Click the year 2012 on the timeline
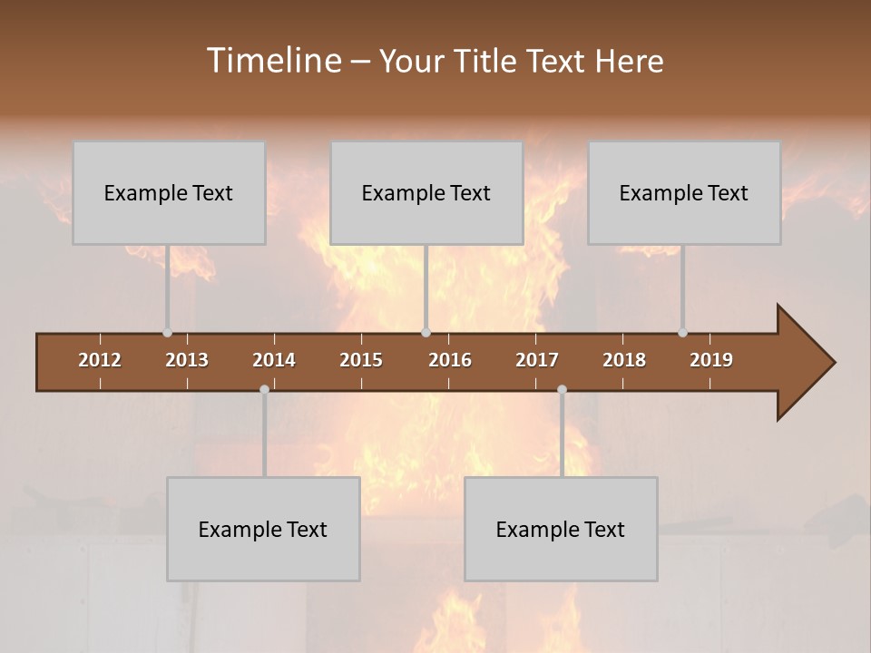[x=100, y=360]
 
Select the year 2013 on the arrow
[x=187, y=360]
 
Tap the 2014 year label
[x=274, y=360]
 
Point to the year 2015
[x=361, y=360]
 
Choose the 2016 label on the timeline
[x=450, y=360]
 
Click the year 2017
[x=537, y=360]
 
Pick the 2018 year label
[x=624, y=360]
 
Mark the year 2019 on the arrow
[x=711, y=360]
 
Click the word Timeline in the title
[x=272, y=61]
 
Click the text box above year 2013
[x=169, y=192]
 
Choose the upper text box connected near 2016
[x=426, y=192]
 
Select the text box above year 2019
[x=684, y=192]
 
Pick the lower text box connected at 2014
[x=263, y=529]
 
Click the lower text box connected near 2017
[x=561, y=529]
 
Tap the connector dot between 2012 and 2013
[x=167, y=333]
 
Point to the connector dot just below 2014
[x=264, y=390]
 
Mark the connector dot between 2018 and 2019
[x=682, y=333]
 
